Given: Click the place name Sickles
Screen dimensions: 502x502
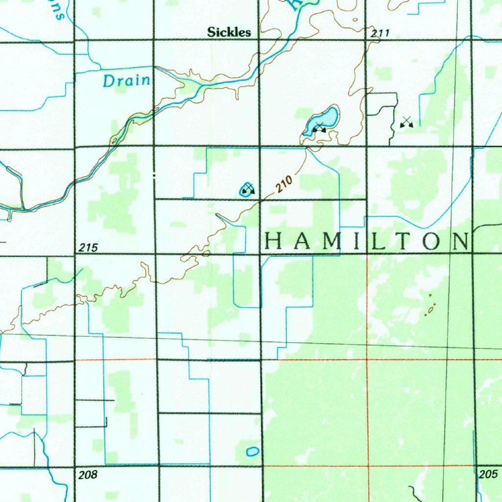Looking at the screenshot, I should tap(229, 32).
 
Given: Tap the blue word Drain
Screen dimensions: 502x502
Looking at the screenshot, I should tap(126, 80).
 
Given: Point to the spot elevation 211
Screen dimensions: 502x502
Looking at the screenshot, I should tap(380, 33).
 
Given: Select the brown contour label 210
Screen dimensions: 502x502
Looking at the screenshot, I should tap(284, 185).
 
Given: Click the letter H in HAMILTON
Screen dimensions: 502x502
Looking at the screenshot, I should tap(274, 241).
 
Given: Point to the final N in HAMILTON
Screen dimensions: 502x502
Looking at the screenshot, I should tap(459, 241).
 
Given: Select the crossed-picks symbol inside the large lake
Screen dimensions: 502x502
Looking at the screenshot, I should tap(320, 128).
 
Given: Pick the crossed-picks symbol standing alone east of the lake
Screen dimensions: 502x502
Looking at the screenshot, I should tap(406, 122).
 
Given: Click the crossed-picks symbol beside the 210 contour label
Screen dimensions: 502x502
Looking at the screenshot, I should tap(248, 188).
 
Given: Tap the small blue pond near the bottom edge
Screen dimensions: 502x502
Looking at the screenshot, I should tap(252, 452).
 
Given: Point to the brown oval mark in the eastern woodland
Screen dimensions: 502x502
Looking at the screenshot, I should tap(431, 309).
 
